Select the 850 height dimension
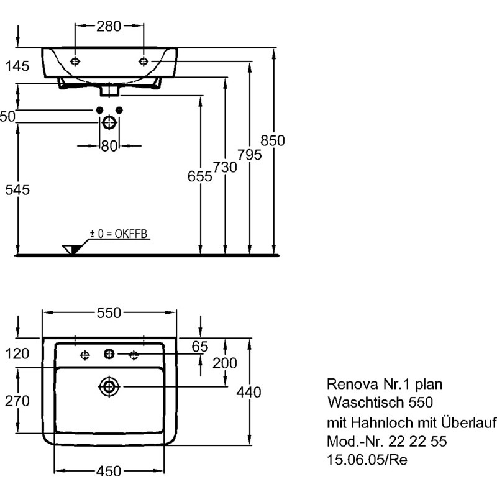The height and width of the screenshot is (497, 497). click(x=272, y=141)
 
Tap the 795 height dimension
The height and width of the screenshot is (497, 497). click(x=248, y=155)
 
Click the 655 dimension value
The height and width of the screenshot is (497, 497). click(x=199, y=176)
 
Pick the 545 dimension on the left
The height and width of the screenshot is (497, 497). click(x=17, y=190)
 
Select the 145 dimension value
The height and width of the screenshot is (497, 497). click(x=17, y=67)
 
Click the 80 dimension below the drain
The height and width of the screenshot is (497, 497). click(x=109, y=146)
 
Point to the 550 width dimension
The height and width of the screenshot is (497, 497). click(x=109, y=313)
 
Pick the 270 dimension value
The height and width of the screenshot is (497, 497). click(x=17, y=401)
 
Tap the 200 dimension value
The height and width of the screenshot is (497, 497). click(x=224, y=363)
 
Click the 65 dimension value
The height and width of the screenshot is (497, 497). click(x=199, y=347)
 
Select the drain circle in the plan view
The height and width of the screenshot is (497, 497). click(x=109, y=386)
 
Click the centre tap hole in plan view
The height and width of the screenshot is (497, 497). click(x=109, y=354)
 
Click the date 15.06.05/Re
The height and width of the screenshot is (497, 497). click(x=368, y=460)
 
